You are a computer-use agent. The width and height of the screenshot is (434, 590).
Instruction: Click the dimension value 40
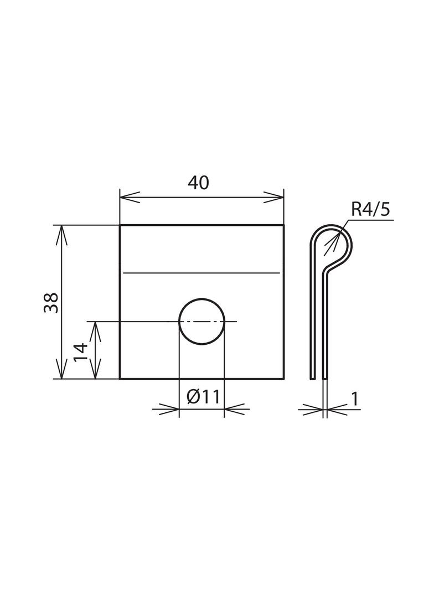[198, 183]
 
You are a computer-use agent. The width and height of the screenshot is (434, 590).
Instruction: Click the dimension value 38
[51, 302]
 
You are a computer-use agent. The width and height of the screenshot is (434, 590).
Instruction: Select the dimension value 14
[80, 351]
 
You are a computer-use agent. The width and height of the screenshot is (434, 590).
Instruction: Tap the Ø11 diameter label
[203, 396]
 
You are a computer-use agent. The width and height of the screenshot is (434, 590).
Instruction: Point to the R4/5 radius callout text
[370, 210]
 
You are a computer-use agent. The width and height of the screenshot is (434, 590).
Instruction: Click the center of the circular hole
[201, 321]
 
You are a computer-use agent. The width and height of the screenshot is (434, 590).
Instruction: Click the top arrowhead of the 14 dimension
[96, 330]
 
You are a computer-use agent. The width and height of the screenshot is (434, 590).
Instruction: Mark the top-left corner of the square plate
[120, 225]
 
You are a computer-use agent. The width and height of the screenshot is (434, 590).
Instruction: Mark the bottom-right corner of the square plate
[283, 379]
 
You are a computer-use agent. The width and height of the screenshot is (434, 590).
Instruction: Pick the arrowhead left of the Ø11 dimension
[169, 410]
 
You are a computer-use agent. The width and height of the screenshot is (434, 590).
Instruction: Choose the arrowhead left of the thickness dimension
[313, 410]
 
